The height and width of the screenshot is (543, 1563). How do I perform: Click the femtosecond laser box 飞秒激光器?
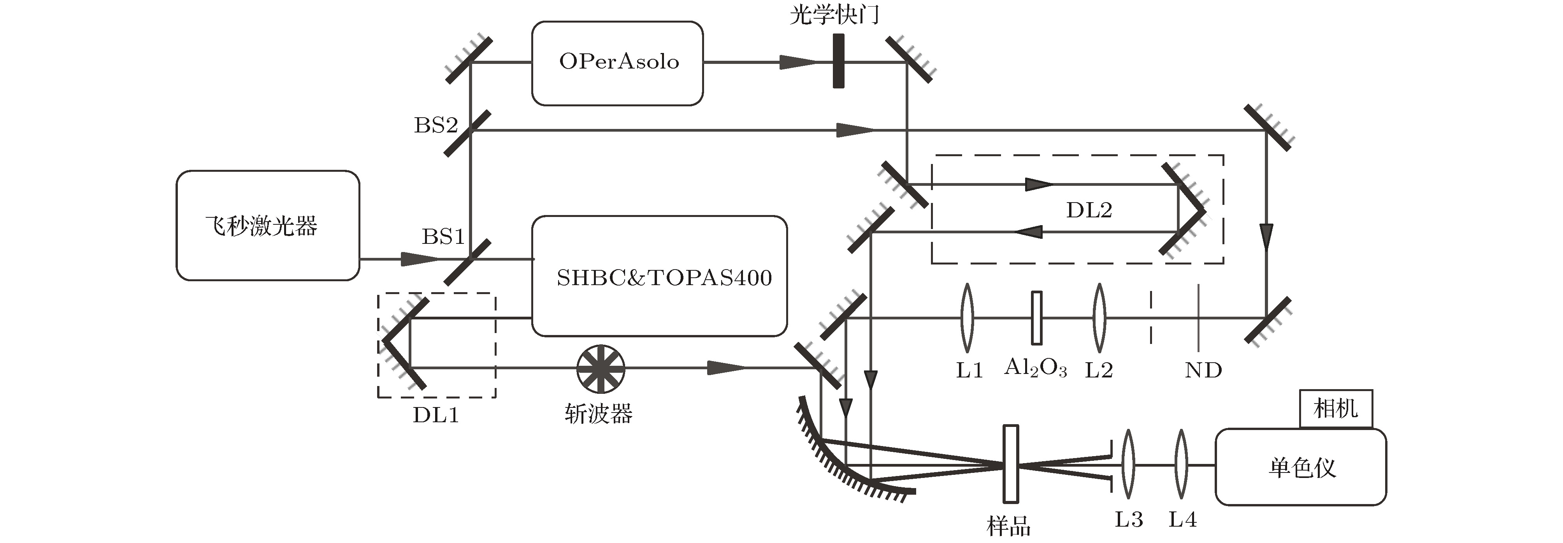click(268, 225)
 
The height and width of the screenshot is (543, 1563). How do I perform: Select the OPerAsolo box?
click(617, 63)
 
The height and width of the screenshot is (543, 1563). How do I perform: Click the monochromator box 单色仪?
click(1300, 467)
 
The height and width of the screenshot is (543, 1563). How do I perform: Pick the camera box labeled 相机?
click(1335, 409)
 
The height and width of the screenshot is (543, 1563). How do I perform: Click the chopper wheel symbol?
click(600, 368)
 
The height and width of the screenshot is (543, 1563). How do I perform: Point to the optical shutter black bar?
click(839, 61)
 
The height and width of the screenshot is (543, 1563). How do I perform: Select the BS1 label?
click(443, 236)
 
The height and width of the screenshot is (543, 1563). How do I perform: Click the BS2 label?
click(436, 125)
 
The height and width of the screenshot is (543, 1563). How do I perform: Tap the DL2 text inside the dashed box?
click(1089, 210)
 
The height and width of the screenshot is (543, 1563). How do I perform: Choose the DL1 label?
click(436, 415)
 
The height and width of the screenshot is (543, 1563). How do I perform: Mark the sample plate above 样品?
click(1010, 464)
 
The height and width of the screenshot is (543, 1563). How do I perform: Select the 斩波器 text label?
click(598, 414)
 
